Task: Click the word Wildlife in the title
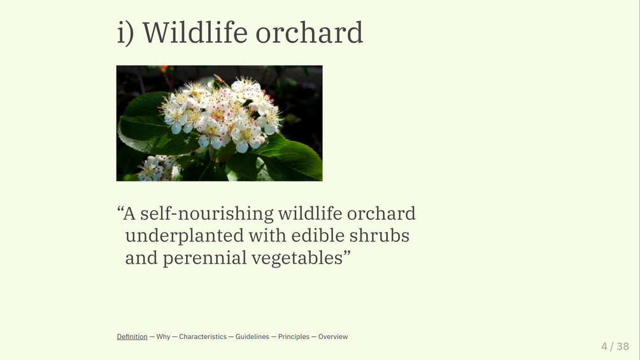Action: (195, 32)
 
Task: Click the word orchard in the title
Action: (309, 32)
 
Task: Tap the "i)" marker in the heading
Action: (125, 33)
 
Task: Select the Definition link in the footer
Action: (132, 336)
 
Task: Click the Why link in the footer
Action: (163, 336)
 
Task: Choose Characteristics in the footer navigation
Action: (203, 336)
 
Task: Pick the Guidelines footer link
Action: (252, 336)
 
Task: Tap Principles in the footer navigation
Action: (294, 336)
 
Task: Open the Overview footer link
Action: (333, 336)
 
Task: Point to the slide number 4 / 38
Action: (615, 347)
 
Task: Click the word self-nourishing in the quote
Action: (207, 214)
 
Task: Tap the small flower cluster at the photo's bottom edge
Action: (157, 169)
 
